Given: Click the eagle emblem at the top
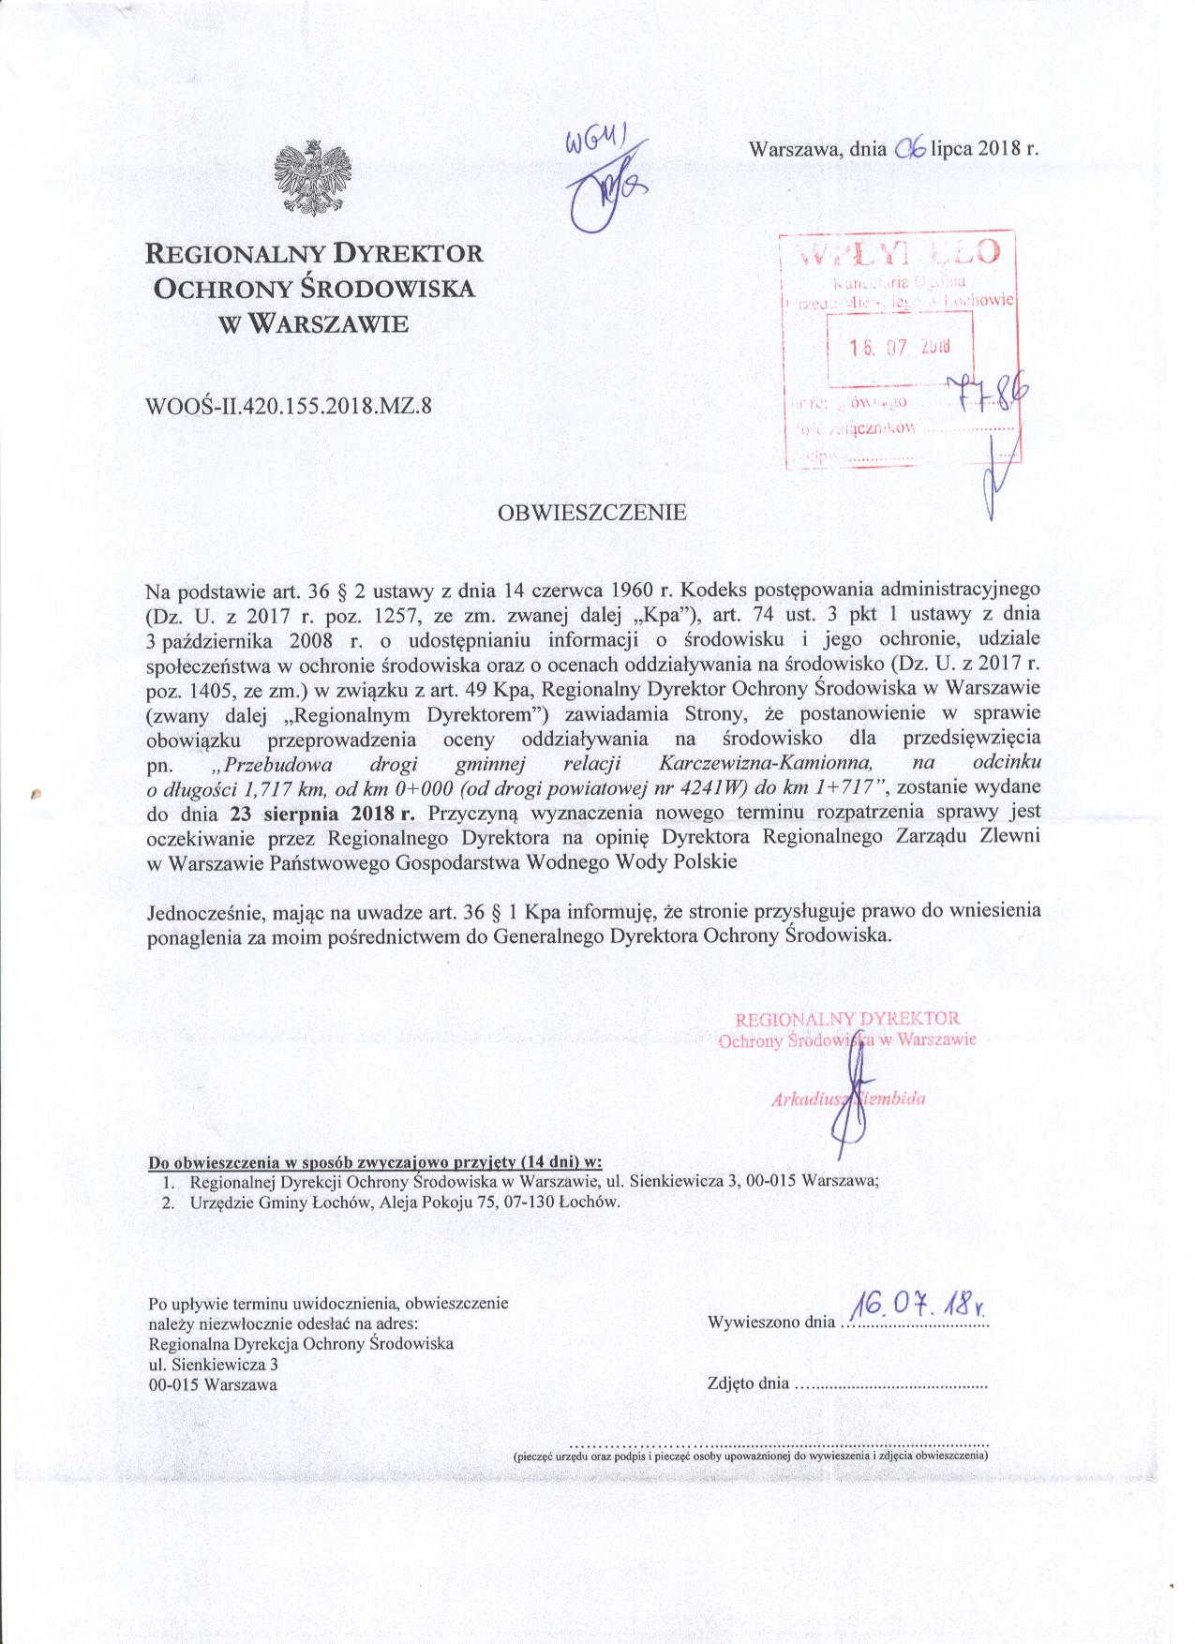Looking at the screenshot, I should tap(312, 178).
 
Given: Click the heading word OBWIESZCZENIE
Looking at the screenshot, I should tap(592, 513).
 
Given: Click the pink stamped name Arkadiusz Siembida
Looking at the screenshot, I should tap(848, 1099).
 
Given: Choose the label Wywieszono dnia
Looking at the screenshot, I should tap(769, 1323).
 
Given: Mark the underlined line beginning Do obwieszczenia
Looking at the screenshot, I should tap(375, 1162).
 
